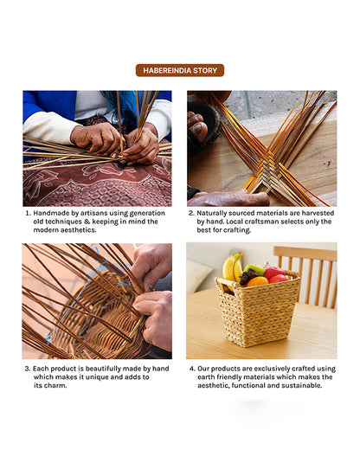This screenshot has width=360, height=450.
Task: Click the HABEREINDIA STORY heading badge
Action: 180,70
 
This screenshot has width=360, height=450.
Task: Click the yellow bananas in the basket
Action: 233,267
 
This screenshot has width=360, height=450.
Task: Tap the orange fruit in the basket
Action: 257,281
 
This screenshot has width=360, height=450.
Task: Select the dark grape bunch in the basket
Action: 247,276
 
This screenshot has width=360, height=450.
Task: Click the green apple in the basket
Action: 254,269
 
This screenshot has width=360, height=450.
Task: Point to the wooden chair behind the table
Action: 305,277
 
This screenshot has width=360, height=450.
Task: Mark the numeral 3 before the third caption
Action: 27,369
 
